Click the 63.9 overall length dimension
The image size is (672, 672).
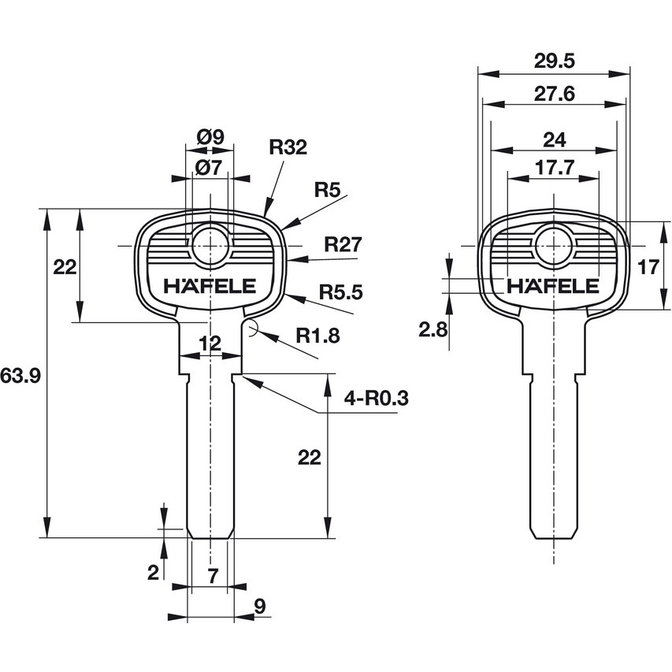point(20,376)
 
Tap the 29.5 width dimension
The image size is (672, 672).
point(554,61)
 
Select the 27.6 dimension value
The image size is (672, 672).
point(554,94)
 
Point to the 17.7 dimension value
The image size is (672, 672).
point(554,168)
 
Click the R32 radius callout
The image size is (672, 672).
point(288,147)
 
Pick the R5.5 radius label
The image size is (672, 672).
point(340,291)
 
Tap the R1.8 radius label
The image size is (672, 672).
point(317,335)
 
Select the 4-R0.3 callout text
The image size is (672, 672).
point(377,399)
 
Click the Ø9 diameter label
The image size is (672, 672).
point(210,137)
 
